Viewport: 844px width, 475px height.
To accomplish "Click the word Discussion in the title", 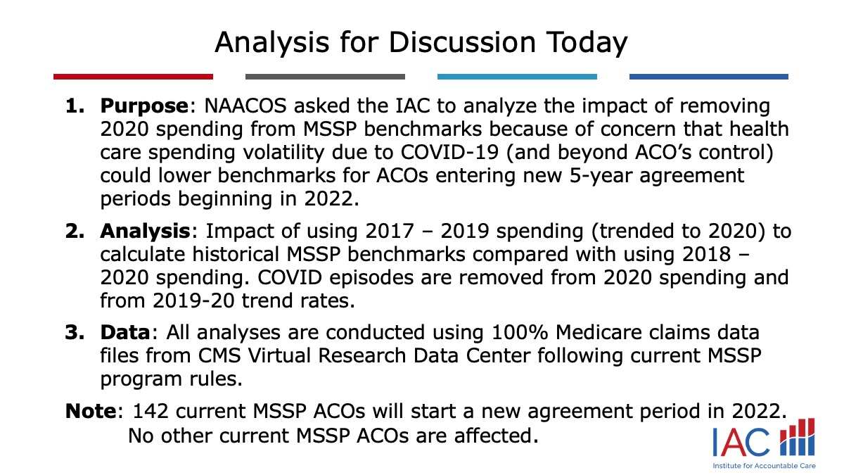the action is click(x=462, y=42).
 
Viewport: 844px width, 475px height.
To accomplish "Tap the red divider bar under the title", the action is click(x=133, y=77).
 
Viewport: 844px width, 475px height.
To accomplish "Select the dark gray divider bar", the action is click(x=325, y=77).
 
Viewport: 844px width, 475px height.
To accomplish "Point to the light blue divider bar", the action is click(x=517, y=77).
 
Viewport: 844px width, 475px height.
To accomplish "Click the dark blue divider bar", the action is click(x=709, y=77).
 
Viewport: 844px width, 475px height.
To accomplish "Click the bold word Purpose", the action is click(x=144, y=106).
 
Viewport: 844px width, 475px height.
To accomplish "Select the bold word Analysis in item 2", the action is click(x=145, y=232).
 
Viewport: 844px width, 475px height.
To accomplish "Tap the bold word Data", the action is click(x=125, y=332).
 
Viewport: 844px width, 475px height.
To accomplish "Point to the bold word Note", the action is click(x=91, y=411).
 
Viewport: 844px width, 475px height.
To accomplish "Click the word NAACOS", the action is click(x=245, y=106).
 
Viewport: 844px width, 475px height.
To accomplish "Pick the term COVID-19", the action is click(x=449, y=153).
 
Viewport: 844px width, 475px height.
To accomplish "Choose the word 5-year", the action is click(x=600, y=177).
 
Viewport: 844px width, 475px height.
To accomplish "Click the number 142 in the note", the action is click(x=151, y=411).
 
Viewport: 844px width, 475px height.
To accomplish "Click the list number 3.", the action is click(x=75, y=332).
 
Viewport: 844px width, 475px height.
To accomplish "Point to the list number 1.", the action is click(x=75, y=106).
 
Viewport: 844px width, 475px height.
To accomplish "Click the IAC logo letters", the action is click(x=741, y=442).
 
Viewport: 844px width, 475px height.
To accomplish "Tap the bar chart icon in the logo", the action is click(x=798, y=437).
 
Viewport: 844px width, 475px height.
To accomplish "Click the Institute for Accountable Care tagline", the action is click(x=764, y=466).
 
